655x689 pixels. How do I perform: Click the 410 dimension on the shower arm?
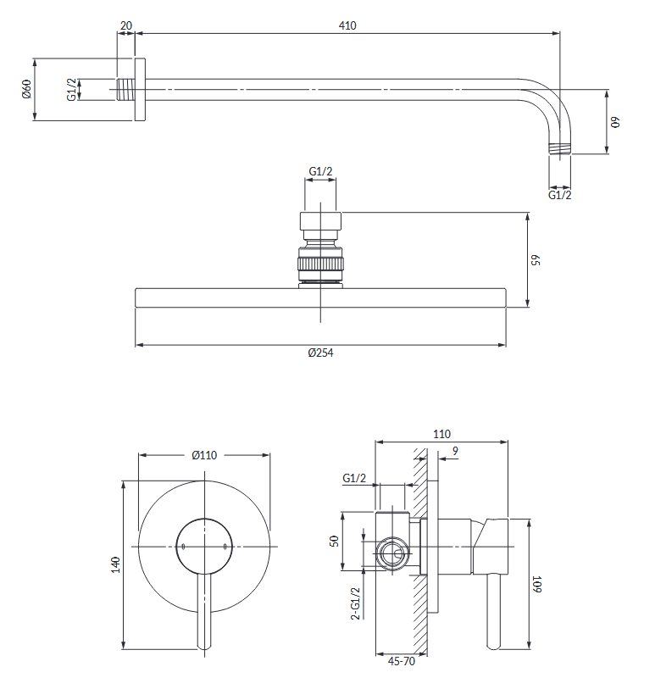pyautogui.click(x=347, y=25)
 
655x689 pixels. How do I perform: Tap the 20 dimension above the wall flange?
pyautogui.click(x=125, y=25)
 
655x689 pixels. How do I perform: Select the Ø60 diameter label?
pyautogui.click(x=26, y=89)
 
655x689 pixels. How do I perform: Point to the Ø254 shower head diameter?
pyautogui.click(x=320, y=353)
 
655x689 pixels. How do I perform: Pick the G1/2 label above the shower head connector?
pyautogui.click(x=320, y=171)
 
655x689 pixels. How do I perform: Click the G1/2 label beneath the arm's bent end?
pyautogui.click(x=559, y=195)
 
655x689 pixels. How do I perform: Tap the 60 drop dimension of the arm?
pyautogui.click(x=616, y=121)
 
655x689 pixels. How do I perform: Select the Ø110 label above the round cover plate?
pyautogui.click(x=204, y=455)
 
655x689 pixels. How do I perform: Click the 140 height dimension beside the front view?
pyautogui.click(x=116, y=565)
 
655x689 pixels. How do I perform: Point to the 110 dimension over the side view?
pyautogui.click(x=441, y=433)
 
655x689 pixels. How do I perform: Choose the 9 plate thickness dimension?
pyautogui.click(x=455, y=452)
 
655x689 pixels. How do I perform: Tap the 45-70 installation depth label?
pyautogui.click(x=401, y=661)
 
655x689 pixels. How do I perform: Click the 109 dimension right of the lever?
pyautogui.click(x=536, y=584)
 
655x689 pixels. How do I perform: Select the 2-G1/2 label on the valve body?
pyautogui.click(x=356, y=603)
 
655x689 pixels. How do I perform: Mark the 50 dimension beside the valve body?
pyautogui.click(x=335, y=540)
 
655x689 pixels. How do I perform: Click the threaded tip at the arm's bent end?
pyautogui.click(x=559, y=148)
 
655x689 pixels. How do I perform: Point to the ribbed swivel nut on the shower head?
pyautogui.click(x=320, y=265)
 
